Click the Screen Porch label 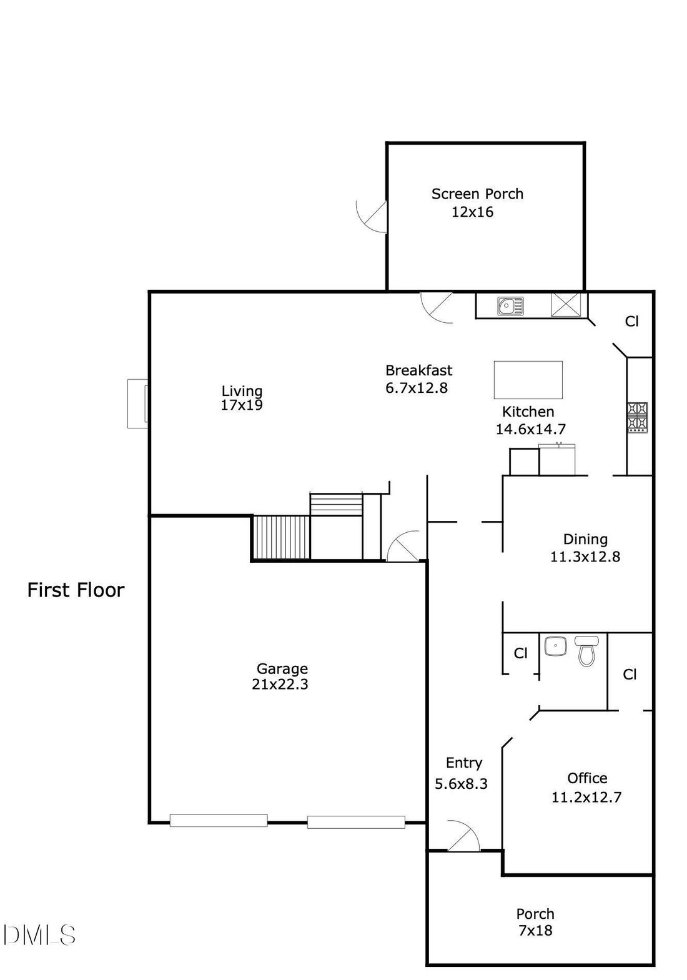point(477,194)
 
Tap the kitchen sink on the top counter point(510,306)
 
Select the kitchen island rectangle point(528,380)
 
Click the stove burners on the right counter point(637,418)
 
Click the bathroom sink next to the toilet point(556,645)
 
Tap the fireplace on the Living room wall point(138,403)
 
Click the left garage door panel point(219,820)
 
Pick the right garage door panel point(356,822)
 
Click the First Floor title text point(76,590)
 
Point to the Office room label point(587,778)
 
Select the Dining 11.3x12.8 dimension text point(585,557)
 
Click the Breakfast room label point(419,370)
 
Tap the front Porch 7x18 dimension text point(535,931)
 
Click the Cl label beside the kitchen point(632,322)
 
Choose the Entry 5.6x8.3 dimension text point(461,783)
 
